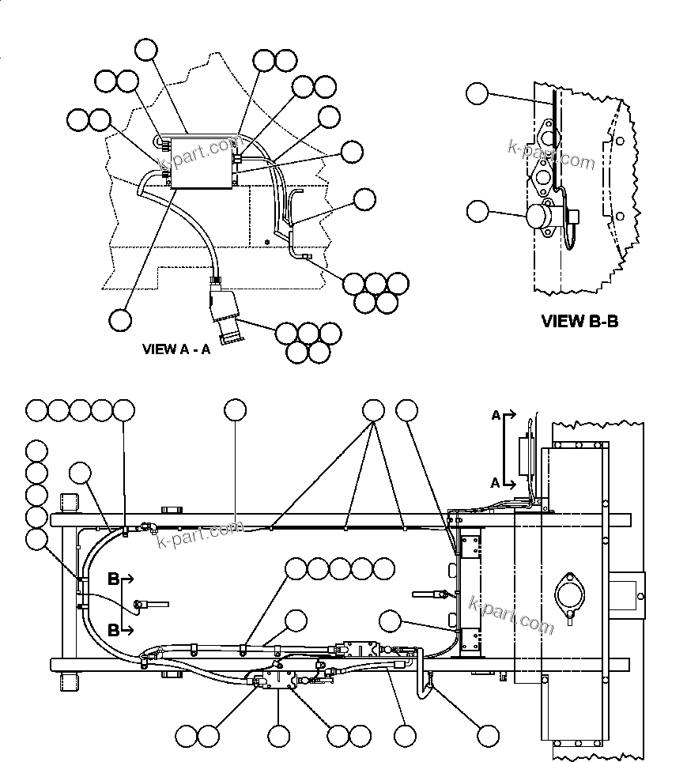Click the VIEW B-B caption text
pyautogui.click(x=579, y=321)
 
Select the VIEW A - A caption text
pyautogui.click(x=176, y=349)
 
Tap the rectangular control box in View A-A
pyautogui.click(x=203, y=161)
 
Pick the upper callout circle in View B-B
pyautogui.click(x=477, y=93)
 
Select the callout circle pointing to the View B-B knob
pyautogui.click(x=478, y=211)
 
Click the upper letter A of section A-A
pyautogui.click(x=496, y=415)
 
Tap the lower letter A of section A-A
pyautogui.click(x=496, y=482)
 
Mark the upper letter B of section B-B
pyautogui.click(x=113, y=579)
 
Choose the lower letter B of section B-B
pyautogui.click(x=113, y=630)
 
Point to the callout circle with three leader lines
pyautogui.click(x=373, y=409)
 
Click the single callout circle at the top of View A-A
pyautogui.click(x=146, y=50)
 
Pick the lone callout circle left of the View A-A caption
pyautogui.click(x=119, y=319)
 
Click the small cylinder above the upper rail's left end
pyautogui.click(x=70, y=501)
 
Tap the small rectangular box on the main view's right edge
pyautogui.click(x=628, y=592)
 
